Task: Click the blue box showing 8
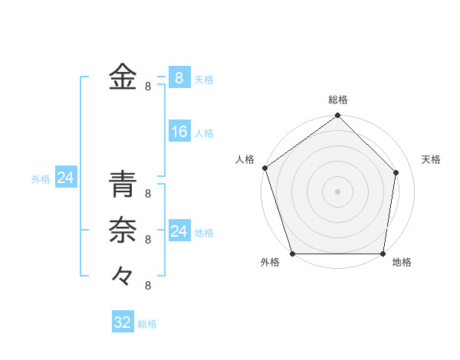179,78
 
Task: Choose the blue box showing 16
179,132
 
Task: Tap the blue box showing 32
122,322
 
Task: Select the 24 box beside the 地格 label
179,231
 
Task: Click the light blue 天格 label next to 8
204,80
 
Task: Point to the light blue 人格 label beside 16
204,133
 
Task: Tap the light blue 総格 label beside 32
147,324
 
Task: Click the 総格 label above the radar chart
338,100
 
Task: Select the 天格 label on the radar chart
432,159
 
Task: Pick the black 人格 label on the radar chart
245,159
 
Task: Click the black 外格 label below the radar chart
269,262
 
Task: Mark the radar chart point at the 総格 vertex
338,116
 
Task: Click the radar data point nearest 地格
383,254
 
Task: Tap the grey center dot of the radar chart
338,191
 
